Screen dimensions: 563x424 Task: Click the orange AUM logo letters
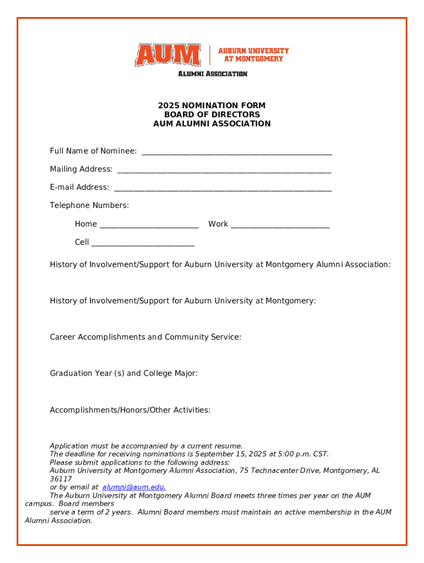168,55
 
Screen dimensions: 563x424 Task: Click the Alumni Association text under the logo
212,74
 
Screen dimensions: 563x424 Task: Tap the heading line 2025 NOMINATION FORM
212,106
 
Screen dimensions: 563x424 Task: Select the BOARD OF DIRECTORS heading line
212,114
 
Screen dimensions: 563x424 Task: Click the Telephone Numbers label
89,206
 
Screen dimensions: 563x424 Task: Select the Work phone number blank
280,225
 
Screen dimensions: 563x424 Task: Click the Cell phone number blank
143,244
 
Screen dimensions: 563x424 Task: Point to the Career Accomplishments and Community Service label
145,337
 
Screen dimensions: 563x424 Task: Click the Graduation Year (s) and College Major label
123,373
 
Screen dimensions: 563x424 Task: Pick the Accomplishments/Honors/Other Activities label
130,410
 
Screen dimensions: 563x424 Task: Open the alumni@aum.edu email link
134,487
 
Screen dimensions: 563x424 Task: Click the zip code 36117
61,479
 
